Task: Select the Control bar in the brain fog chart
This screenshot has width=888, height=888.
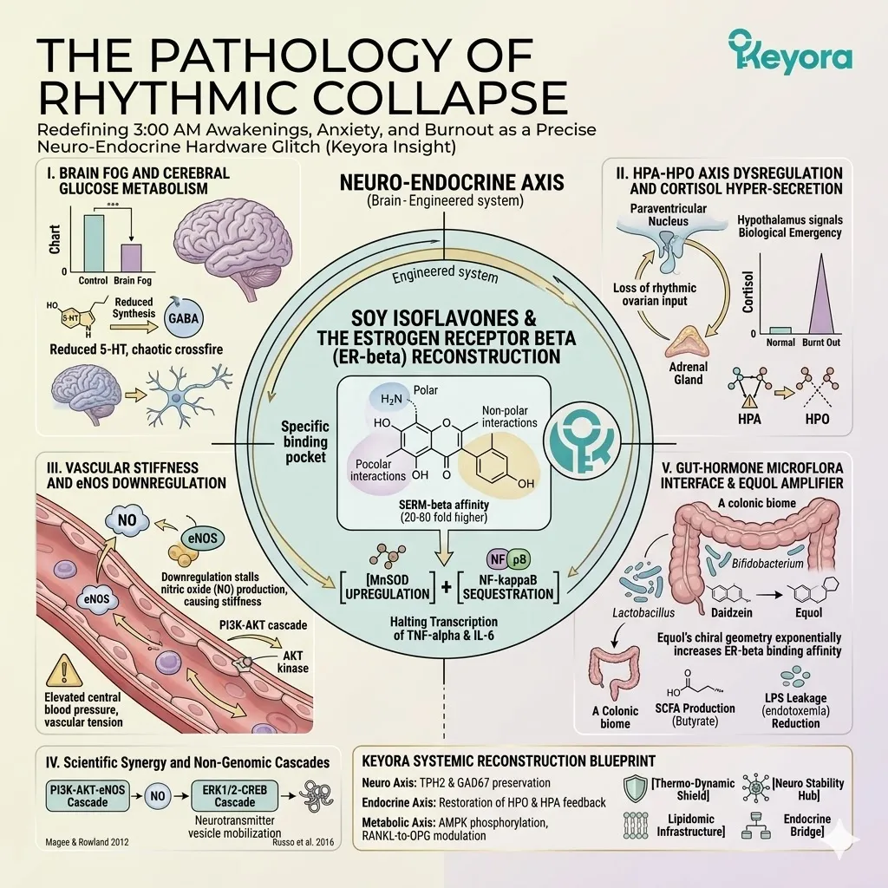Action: coord(94,243)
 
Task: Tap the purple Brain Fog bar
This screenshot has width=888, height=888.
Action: coord(132,258)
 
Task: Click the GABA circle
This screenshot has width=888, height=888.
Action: coord(184,317)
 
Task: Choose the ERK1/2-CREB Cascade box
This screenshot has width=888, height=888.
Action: coord(234,795)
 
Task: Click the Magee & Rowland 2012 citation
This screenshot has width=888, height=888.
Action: coord(87,842)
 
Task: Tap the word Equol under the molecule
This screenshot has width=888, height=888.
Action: coord(808,613)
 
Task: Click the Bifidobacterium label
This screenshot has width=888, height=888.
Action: coord(767,564)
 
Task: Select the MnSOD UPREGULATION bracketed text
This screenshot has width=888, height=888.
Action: coord(388,587)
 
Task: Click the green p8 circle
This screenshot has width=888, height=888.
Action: coord(519,560)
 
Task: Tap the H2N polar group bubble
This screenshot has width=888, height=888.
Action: coord(392,399)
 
